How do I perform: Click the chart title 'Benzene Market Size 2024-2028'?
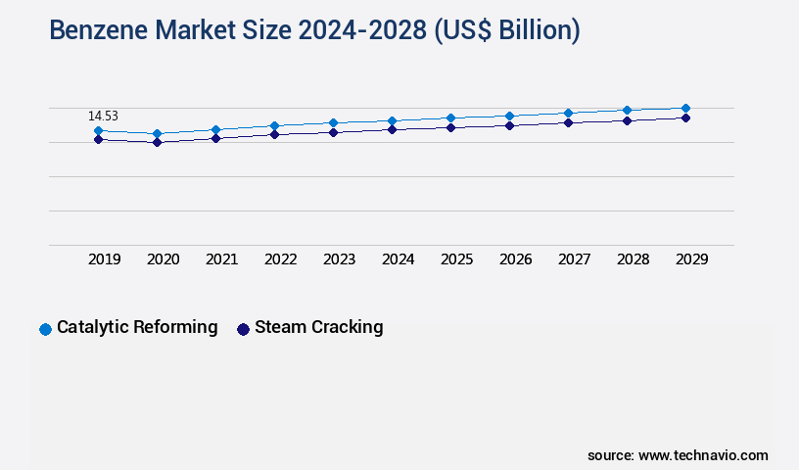pyautogui.click(x=314, y=30)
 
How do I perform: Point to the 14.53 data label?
pyautogui.click(x=103, y=116)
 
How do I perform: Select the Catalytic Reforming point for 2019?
pyautogui.click(x=98, y=130)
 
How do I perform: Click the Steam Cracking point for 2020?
pyautogui.click(x=157, y=142)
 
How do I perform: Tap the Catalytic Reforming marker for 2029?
pyautogui.click(x=685, y=108)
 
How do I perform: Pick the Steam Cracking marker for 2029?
pyautogui.click(x=685, y=117)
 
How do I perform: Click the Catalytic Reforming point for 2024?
pyautogui.click(x=392, y=120)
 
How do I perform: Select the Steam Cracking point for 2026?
pyautogui.click(x=509, y=125)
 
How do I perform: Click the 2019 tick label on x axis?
pyautogui.click(x=105, y=259)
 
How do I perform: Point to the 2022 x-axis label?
pyautogui.click(x=281, y=259)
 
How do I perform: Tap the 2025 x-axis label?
pyautogui.click(x=457, y=259)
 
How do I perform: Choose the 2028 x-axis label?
pyautogui.click(x=634, y=259)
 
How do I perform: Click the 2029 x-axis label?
pyautogui.click(x=692, y=259)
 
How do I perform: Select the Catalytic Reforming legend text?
pyautogui.click(x=137, y=327)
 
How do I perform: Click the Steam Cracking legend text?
pyautogui.click(x=318, y=327)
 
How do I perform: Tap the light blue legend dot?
pyautogui.click(x=45, y=329)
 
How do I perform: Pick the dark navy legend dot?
pyautogui.click(x=243, y=329)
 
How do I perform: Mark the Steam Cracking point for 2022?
pyautogui.click(x=274, y=134)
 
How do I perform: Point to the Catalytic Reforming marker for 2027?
pyautogui.click(x=568, y=113)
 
